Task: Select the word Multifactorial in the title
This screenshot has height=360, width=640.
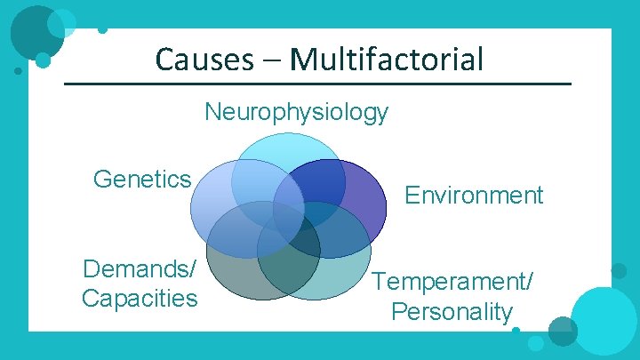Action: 387,60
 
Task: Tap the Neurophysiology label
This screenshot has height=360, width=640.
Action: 296,113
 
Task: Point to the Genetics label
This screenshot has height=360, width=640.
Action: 142,180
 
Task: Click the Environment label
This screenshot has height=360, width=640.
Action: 474,196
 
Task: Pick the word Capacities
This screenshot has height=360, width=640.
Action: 140,298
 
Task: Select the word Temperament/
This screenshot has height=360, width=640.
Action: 453,283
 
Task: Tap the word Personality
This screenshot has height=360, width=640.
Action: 452,312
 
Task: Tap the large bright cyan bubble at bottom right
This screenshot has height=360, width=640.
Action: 604,321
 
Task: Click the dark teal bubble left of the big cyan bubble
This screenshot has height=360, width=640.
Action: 562,331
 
